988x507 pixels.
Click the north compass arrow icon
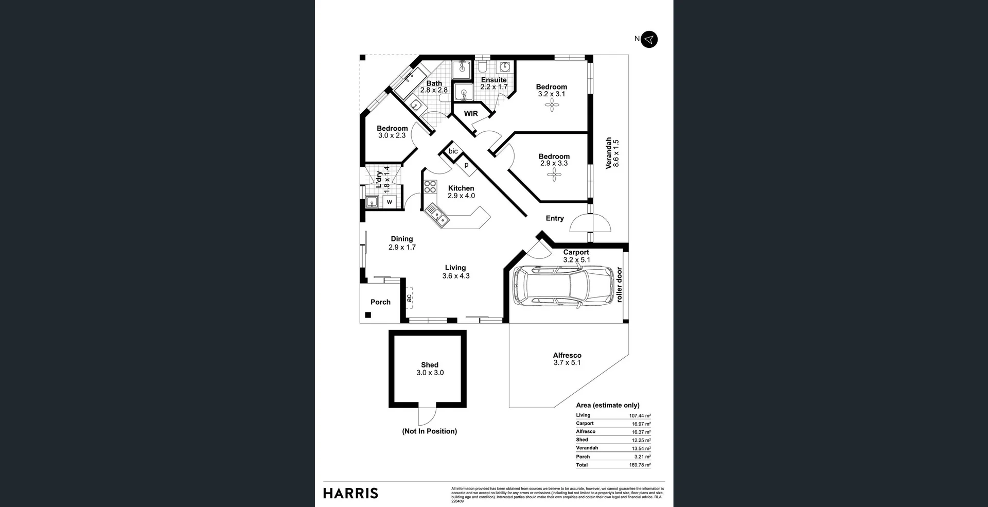click(x=649, y=39)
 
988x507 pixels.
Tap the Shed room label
click(x=430, y=365)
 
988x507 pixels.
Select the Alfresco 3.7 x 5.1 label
click(x=567, y=359)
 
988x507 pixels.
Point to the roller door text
click(x=619, y=285)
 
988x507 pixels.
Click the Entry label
click(x=555, y=218)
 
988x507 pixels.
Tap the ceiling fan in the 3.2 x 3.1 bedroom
click(x=552, y=106)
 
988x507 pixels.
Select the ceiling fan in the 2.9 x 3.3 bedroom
click(x=554, y=175)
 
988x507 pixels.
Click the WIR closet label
click(x=471, y=114)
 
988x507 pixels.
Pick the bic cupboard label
click(x=453, y=151)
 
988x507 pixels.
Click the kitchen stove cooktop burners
click(x=430, y=187)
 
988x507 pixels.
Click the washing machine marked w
click(x=390, y=202)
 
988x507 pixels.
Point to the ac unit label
click(x=409, y=298)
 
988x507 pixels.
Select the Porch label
click(x=380, y=302)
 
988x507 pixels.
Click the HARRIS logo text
click(x=350, y=493)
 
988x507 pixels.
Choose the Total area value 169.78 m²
click(x=640, y=465)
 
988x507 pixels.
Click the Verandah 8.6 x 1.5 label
click(x=612, y=153)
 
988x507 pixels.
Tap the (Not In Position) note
click(x=429, y=431)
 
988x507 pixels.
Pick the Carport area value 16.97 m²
click(x=641, y=424)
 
